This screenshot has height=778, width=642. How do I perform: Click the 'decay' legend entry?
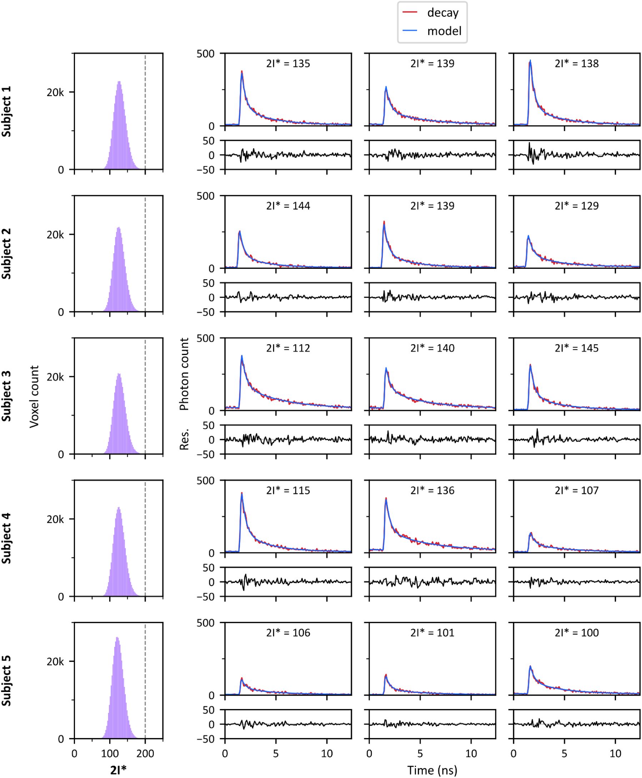(442, 12)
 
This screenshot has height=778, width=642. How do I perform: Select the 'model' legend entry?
(444, 31)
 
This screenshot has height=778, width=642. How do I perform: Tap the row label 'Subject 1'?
(6, 111)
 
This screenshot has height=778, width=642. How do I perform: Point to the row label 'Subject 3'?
(6, 396)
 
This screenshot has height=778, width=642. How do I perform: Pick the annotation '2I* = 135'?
(288, 64)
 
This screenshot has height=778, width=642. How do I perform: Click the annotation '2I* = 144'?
(288, 206)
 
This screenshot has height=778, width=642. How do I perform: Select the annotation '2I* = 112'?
(288, 348)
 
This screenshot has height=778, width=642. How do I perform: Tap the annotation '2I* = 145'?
(577, 348)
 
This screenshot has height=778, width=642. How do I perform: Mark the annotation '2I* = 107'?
(577, 491)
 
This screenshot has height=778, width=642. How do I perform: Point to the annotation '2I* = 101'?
(432, 633)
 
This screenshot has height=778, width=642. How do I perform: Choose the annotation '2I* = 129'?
(577, 206)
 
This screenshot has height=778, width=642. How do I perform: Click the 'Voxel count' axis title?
(34, 396)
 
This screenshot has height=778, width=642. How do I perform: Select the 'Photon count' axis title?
(184, 374)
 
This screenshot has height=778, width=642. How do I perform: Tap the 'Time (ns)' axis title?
(432, 770)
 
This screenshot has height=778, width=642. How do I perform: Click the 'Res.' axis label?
(184, 439)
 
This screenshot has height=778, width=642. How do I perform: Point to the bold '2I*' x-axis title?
(118, 770)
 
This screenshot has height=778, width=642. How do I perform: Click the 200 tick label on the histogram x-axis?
(145, 753)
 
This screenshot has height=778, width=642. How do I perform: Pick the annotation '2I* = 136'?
(432, 491)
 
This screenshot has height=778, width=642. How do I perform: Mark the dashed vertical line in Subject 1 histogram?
(145, 111)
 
